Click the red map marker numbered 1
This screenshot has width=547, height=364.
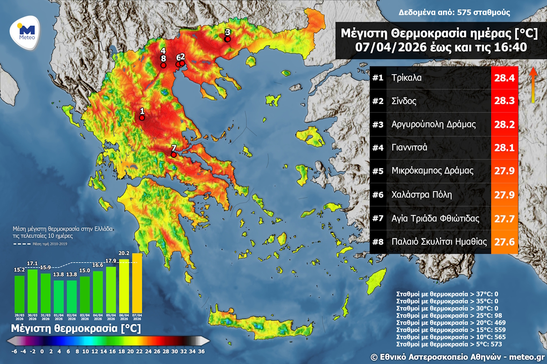click(x=142, y=117)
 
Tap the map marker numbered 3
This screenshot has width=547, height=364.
click(x=228, y=39)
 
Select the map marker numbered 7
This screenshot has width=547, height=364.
click(x=174, y=155)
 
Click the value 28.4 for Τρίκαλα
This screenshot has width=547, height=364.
click(x=504, y=78)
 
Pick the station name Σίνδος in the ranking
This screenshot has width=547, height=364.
click(x=404, y=101)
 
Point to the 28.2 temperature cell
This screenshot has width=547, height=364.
click(x=504, y=125)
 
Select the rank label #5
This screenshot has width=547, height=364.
click(x=378, y=171)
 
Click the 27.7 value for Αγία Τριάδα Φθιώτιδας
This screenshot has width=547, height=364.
click(x=504, y=218)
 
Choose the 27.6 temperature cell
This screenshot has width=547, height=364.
click(x=504, y=242)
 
